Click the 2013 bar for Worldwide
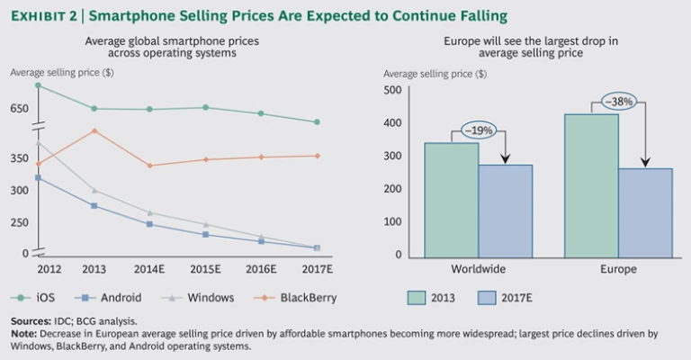point(451,199)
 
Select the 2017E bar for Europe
point(644,211)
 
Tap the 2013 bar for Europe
point(591,184)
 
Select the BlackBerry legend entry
point(279,298)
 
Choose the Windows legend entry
point(194,298)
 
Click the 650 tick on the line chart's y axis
point(20,109)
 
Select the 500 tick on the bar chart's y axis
point(391,90)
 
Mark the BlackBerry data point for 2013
point(94,130)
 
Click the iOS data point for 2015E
point(205,107)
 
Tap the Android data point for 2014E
point(149,224)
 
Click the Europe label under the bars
point(617,269)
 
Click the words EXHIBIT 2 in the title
point(44,15)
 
